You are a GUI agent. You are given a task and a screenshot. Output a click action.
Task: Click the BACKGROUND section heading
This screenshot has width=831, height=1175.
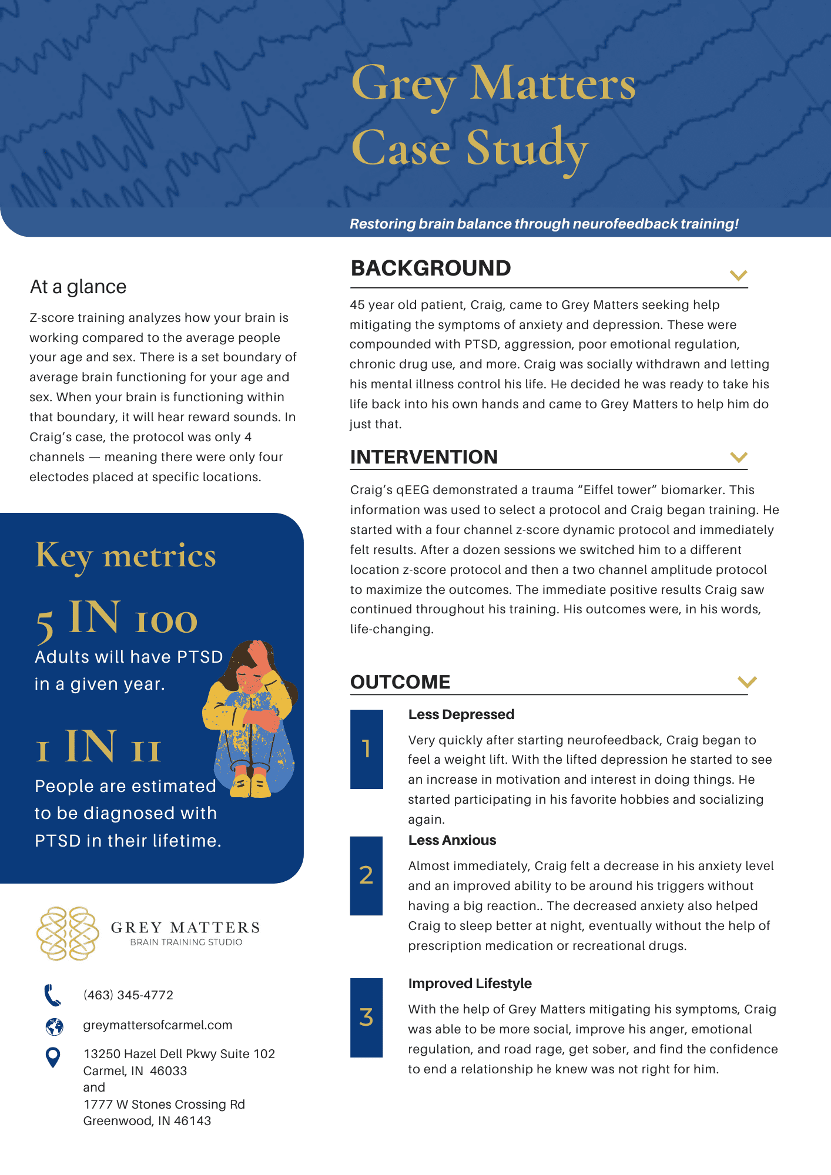coord(431,268)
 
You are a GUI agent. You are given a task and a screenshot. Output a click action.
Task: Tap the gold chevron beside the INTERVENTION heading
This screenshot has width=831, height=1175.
coord(738,457)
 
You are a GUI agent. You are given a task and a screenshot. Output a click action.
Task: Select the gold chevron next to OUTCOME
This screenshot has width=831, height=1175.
coord(746,681)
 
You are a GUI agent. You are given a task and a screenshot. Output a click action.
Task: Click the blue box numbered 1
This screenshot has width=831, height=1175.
coord(367,748)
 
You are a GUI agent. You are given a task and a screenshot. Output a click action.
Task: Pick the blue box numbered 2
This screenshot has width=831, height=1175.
coord(366,875)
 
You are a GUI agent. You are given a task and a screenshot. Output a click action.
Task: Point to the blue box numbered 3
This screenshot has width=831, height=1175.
coord(366,1018)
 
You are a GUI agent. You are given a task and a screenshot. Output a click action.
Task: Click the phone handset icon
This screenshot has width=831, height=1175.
coord(53,995)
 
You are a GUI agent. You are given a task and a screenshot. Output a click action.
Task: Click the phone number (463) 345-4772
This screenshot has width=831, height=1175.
coord(128,995)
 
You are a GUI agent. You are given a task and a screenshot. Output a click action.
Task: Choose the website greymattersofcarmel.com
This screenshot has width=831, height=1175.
coord(158,1025)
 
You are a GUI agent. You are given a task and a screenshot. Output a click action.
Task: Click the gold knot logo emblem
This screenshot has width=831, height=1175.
coord(68,934)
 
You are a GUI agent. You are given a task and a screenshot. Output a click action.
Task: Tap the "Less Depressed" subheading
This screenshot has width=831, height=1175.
coord(461,714)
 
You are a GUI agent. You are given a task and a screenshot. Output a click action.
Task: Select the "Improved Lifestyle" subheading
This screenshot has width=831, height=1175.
coord(470,983)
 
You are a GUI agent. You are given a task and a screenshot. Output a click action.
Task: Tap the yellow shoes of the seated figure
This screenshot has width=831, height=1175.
coord(251,785)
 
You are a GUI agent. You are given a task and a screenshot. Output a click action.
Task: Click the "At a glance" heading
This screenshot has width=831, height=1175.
coord(78,287)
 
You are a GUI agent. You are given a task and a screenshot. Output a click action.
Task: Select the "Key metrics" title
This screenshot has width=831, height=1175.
coord(126,556)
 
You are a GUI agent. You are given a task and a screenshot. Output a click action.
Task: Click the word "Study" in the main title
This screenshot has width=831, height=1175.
coord(527,149)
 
